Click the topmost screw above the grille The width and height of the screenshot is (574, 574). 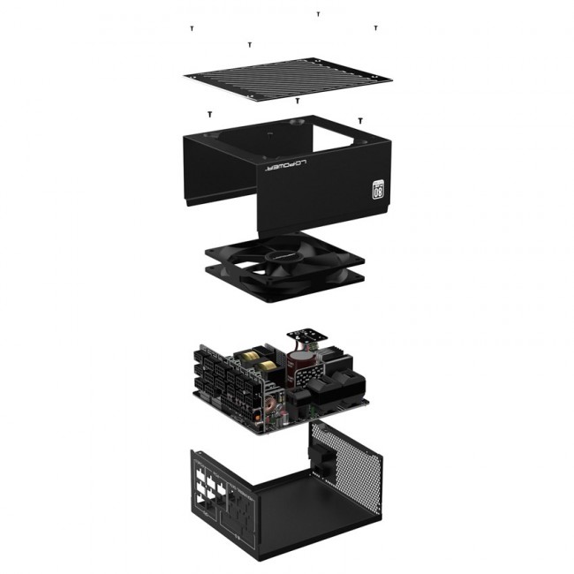click(318, 14)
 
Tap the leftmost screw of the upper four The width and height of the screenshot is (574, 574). click(192, 28)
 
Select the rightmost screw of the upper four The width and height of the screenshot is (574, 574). click(375, 28)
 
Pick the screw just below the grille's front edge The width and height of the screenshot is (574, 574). click(298, 101)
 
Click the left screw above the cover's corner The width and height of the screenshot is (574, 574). click(209, 114)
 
